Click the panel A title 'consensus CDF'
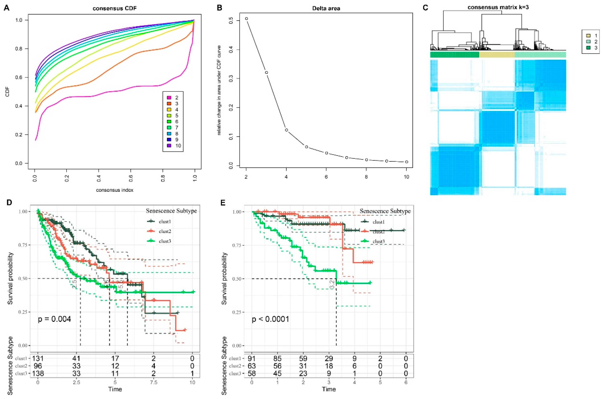click(x=115, y=8)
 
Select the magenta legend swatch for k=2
click(x=168, y=98)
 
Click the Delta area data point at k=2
click(x=246, y=19)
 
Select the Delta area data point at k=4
click(x=286, y=130)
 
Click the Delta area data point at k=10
click(x=407, y=162)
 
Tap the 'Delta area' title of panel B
click(x=326, y=8)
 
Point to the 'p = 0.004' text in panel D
click(x=54, y=319)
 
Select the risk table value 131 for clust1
click(x=38, y=359)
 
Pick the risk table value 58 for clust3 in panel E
click(x=252, y=374)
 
